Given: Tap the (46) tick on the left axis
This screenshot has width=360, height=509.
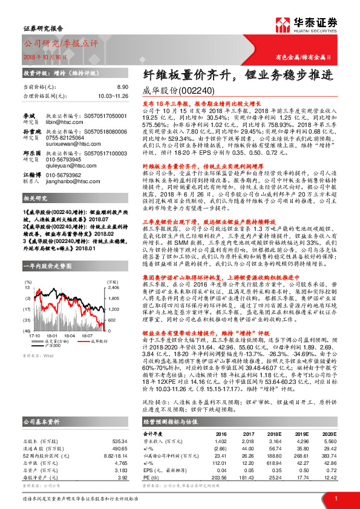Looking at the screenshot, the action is (x=28, y=329).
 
